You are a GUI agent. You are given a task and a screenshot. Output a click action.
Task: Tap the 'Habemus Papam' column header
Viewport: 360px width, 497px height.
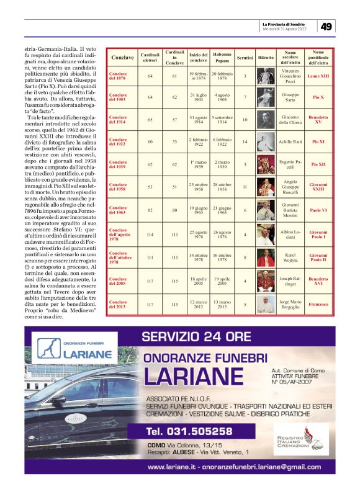[222, 57]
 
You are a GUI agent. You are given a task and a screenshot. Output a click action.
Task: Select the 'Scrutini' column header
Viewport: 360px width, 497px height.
[245, 58]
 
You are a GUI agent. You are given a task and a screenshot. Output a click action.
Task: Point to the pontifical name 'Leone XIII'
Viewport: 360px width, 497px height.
[318, 76]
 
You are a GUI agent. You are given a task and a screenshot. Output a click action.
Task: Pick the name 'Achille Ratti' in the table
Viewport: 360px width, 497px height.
[290, 141]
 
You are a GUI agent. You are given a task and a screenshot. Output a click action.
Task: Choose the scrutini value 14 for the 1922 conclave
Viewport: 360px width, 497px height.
[245, 141]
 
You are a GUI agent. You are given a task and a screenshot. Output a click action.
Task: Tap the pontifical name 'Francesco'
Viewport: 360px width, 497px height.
[318, 305]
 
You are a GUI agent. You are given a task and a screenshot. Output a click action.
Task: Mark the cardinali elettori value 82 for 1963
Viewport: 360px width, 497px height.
[150, 210]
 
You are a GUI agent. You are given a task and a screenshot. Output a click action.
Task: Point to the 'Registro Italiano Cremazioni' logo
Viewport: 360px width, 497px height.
[310, 438]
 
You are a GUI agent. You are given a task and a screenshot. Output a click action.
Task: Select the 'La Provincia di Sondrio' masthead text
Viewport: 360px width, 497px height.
[286, 23]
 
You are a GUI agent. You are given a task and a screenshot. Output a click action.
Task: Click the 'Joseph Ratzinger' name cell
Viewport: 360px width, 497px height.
[290, 281]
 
